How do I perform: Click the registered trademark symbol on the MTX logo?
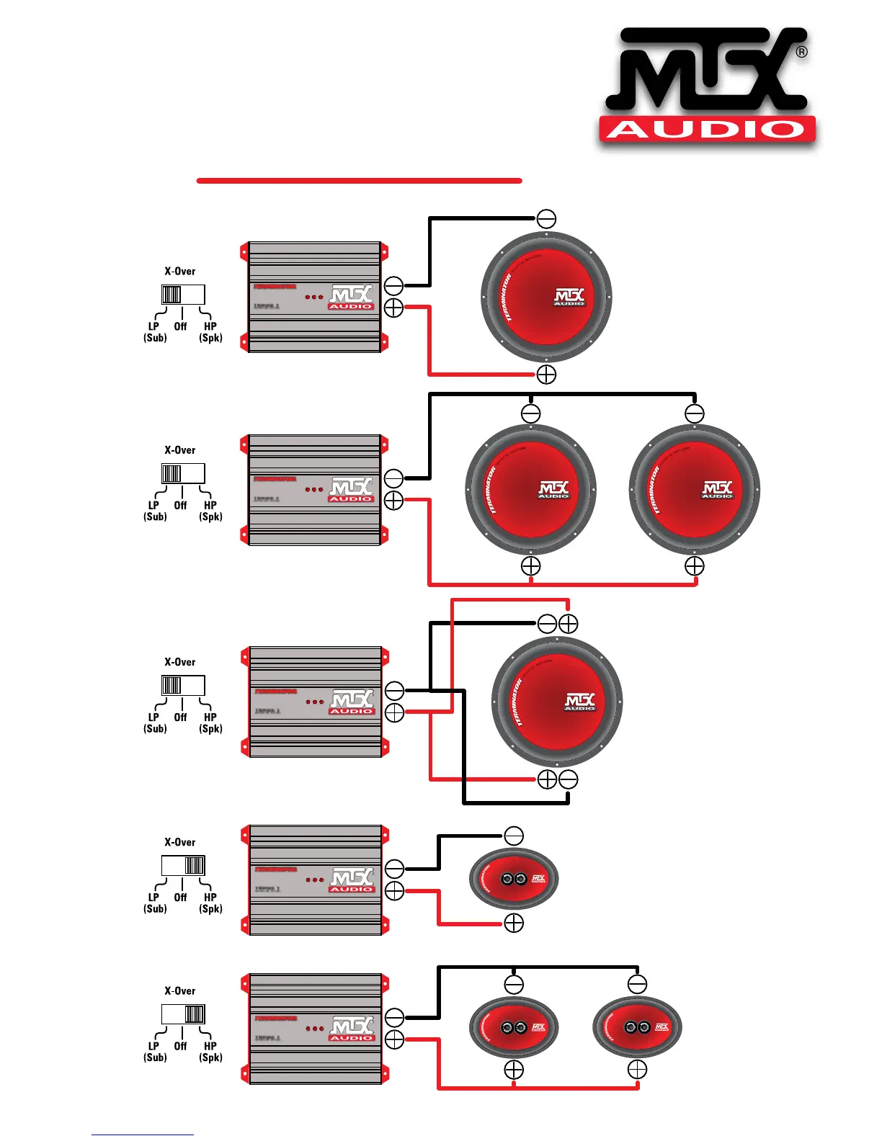pyautogui.click(x=801, y=52)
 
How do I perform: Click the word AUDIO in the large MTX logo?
pyautogui.click(x=708, y=130)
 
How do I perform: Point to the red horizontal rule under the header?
pyautogui.click(x=359, y=180)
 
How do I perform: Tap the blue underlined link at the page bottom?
pyautogui.click(x=142, y=1135)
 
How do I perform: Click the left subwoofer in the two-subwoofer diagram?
pyautogui.click(x=530, y=490)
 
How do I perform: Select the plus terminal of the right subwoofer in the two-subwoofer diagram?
pyautogui.click(x=694, y=566)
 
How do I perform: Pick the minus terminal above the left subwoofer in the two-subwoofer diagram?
pyautogui.click(x=530, y=413)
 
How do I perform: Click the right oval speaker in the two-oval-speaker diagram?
pyautogui.click(x=637, y=1027)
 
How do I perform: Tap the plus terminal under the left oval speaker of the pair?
pyautogui.click(x=514, y=1070)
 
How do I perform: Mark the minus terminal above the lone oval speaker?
pyautogui.click(x=514, y=836)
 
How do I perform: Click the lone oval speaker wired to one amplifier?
pyautogui.click(x=514, y=879)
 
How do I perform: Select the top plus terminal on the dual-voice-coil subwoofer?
pyautogui.click(x=569, y=624)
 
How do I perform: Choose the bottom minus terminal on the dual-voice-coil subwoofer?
pyautogui.click(x=569, y=779)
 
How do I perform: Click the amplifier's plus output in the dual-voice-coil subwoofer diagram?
pyautogui.click(x=394, y=713)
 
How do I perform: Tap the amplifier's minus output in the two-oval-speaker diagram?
pyautogui.click(x=394, y=1017)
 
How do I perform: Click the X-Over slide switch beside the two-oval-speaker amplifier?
pyautogui.click(x=183, y=1014)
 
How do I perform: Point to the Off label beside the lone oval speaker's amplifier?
pyautogui.click(x=180, y=898)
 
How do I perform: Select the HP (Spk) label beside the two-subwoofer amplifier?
pyautogui.click(x=210, y=511)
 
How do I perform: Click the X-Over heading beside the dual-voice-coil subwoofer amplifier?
pyautogui.click(x=180, y=662)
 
